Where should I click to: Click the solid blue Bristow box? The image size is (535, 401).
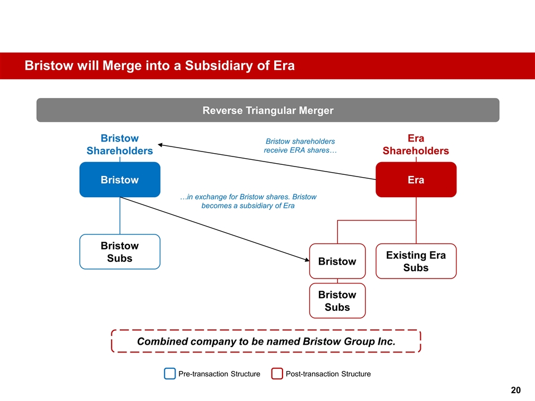click(120, 179)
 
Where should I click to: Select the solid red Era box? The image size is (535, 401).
click(416, 179)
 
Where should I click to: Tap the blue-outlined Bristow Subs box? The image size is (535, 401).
click(120, 252)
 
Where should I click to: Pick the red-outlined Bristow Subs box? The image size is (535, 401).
click(338, 301)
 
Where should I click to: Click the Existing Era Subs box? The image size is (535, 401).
click(416, 261)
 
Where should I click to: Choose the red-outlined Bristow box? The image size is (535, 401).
click(338, 261)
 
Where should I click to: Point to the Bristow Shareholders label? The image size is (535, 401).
click(120, 144)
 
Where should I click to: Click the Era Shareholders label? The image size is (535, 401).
click(416, 144)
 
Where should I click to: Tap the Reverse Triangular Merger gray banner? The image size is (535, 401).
click(268, 110)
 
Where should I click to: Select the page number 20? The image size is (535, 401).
click(515, 390)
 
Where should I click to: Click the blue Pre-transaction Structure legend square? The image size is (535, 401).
click(170, 374)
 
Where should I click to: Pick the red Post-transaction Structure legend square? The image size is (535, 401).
click(277, 374)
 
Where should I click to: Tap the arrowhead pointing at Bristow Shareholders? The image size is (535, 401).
click(160, 145)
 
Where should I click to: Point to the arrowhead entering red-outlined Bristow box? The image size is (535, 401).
click(307, 260)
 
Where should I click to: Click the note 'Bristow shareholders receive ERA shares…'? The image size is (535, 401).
click(300, 145)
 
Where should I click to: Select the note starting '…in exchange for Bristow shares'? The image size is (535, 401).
click(249, 201)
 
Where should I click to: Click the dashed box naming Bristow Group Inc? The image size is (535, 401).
click(266, 341)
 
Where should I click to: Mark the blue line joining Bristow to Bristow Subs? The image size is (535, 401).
click(120, 216)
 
